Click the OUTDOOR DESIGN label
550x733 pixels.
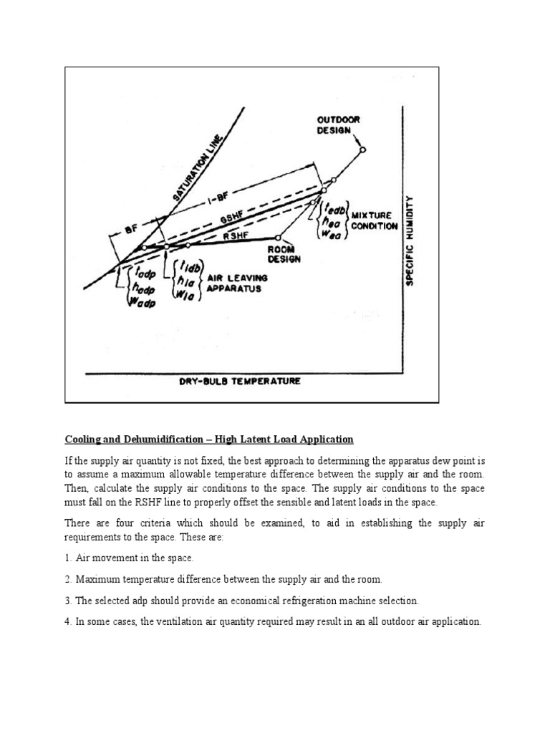coord(338,127)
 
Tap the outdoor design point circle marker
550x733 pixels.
coord(362,150)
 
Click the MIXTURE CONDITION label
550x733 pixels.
coord(374,220)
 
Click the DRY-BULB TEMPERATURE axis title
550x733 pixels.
coord(240,382)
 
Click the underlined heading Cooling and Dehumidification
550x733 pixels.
coord(208,439)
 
